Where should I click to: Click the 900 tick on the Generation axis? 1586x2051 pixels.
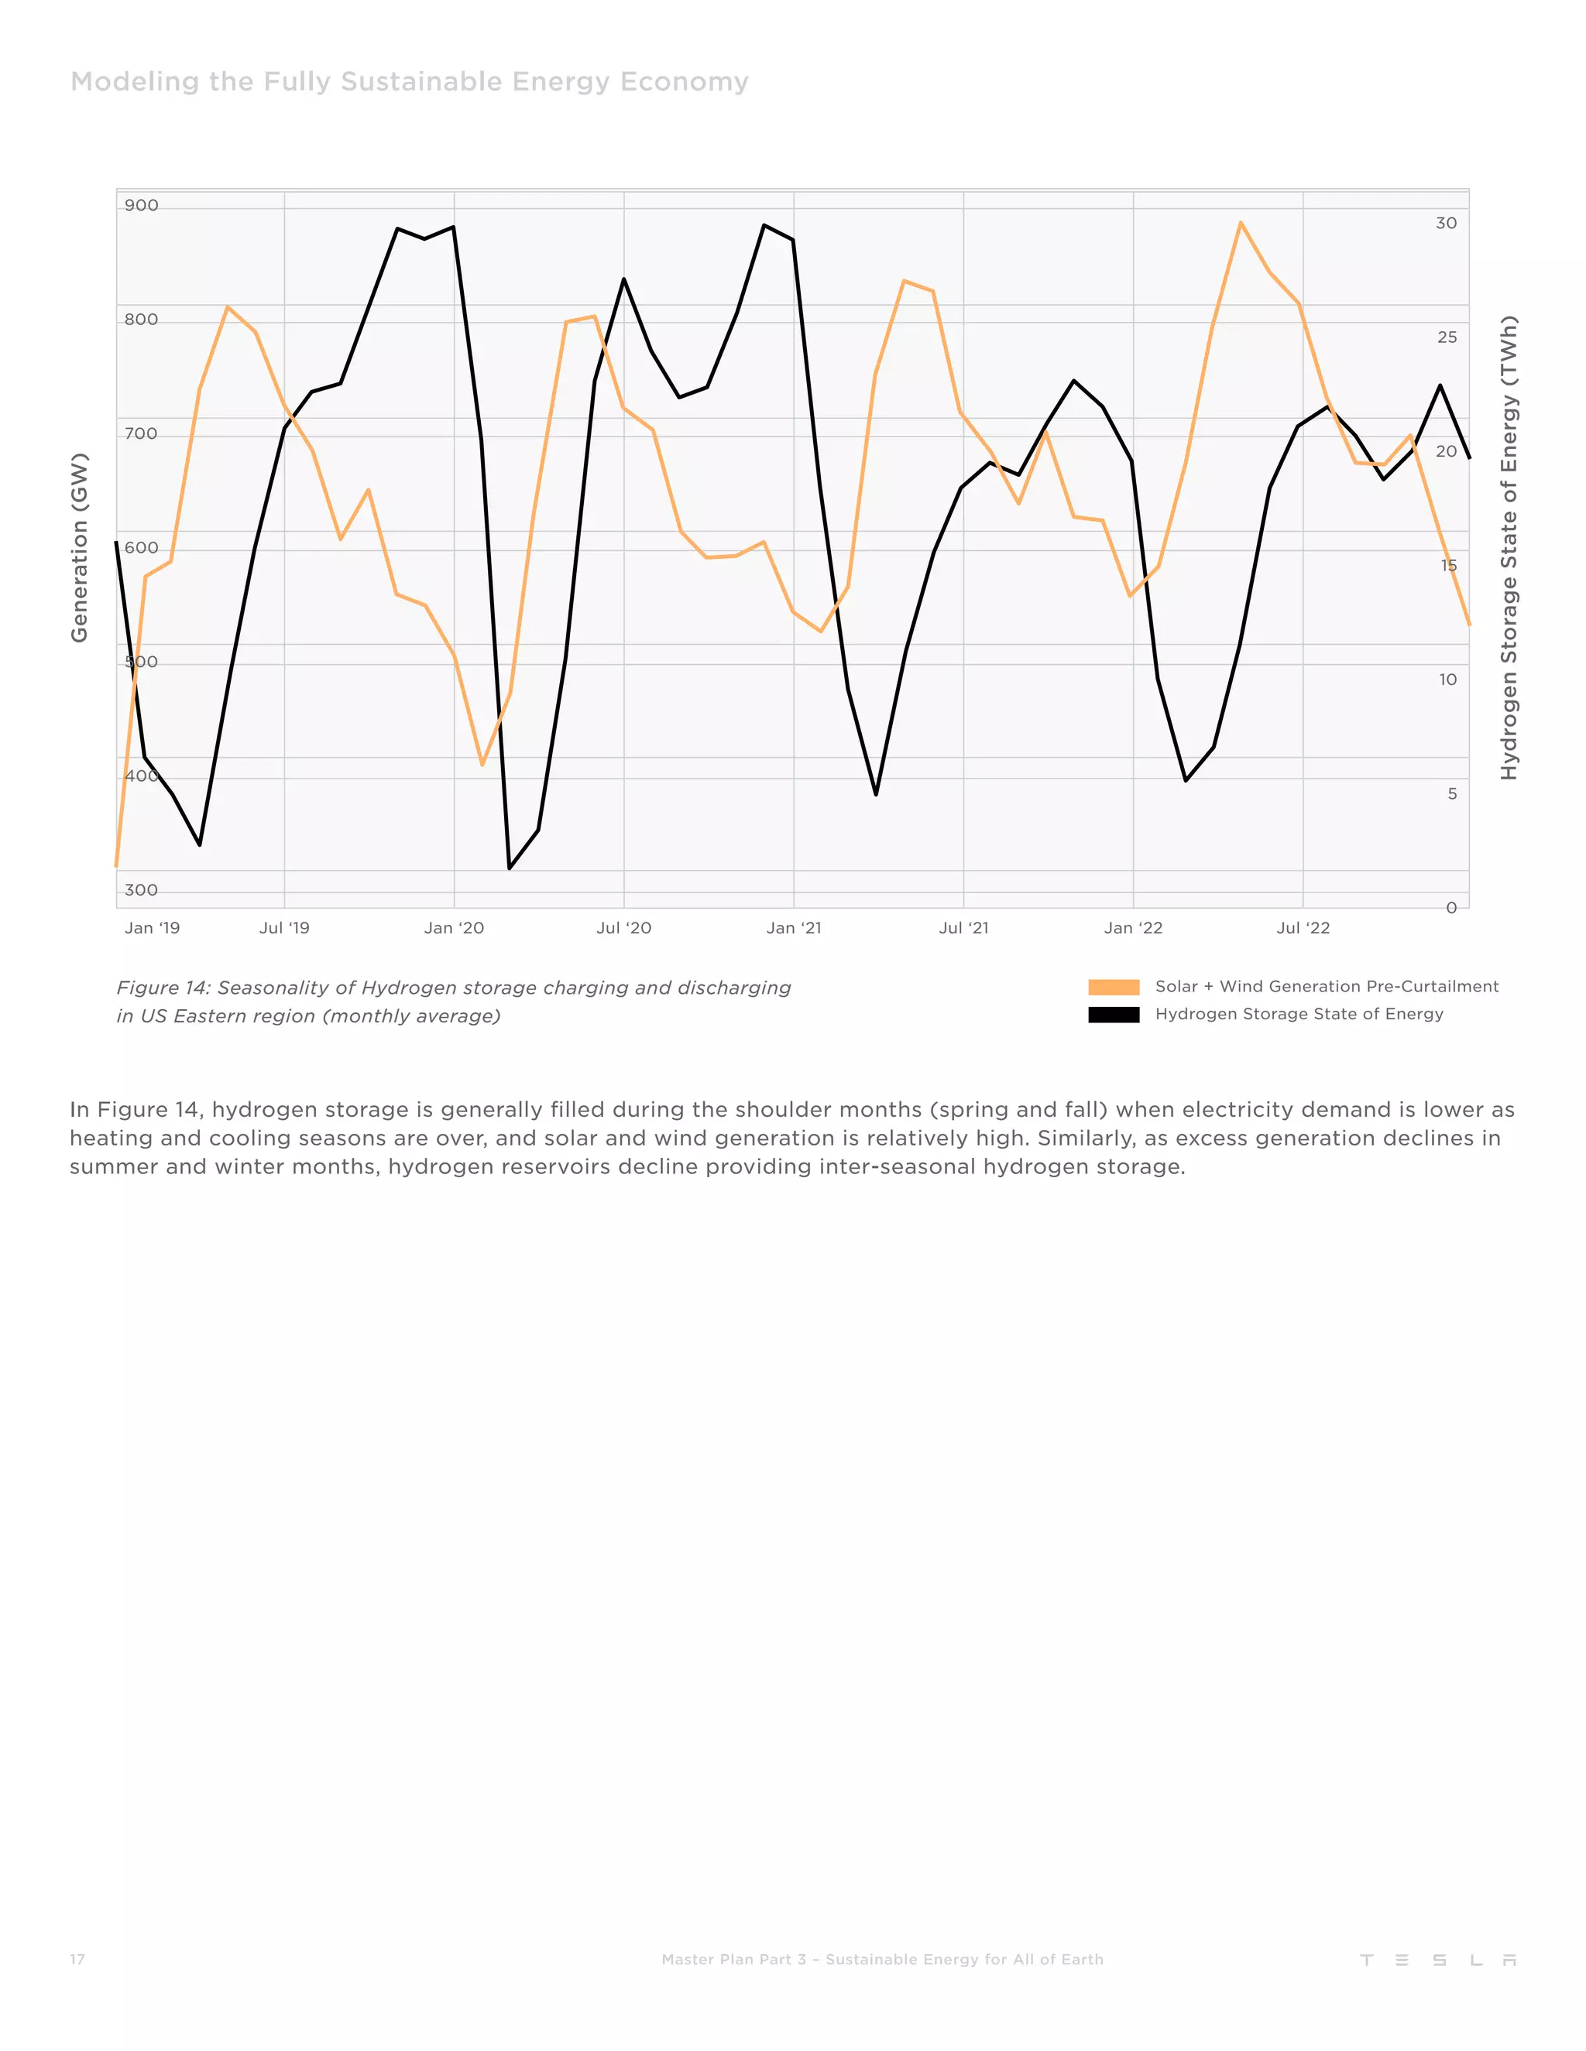click(x=141, y=206)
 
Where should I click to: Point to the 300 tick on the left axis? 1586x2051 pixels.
click(x=141, y=890)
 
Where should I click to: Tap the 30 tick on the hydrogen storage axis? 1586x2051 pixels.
click(x=1446, y=224)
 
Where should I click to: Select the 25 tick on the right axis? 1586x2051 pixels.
click(x=1447, y=337)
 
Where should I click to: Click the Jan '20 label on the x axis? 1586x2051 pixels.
click(x=454, y=928)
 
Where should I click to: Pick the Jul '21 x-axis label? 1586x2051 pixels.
click(x=963, y=928)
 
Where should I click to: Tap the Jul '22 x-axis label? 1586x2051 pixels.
click(x=1303, y=928)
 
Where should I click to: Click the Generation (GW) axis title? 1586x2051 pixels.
click(x=79, y=547)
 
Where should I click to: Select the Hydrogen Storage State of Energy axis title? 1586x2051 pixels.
click(x=1508, y=547)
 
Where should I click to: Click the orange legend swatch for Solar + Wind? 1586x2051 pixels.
click(x=1114, y=987)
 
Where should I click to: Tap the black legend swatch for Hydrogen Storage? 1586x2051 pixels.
click(x=1114, y=1014)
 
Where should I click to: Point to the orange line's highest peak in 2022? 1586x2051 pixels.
click(x=1241, y=223)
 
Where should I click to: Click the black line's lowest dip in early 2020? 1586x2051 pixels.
click(x=510, y=868)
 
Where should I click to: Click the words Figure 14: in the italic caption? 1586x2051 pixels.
click(x=163, y=988)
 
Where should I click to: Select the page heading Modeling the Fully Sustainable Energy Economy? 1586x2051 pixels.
click(x=410, y=82)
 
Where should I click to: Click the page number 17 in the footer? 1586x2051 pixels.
click(x=77, y=1959)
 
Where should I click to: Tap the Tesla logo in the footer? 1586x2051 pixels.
click(x=1437, y=1960)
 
